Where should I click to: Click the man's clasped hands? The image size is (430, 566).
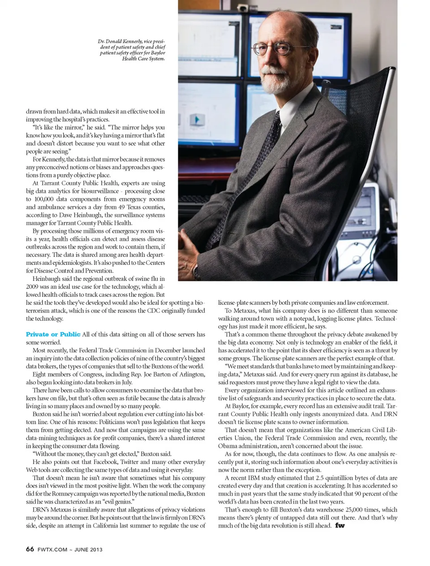click(x=188, y=244)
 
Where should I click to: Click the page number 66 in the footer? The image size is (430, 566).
click(x=30, y=549)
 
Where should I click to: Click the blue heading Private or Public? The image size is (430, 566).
click(x=53, y=334)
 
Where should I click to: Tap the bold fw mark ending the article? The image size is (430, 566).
click(x=340, y=525)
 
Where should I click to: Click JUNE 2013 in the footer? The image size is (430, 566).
click(x=88, y=549)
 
